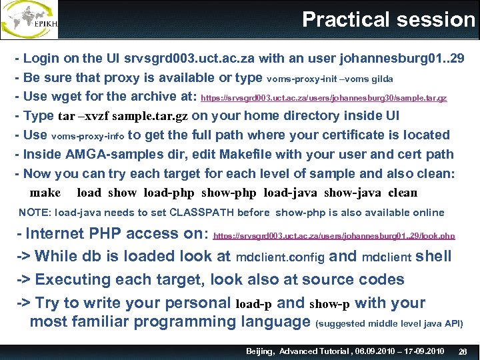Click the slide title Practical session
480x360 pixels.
(388, 19)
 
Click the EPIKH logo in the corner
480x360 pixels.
(30, 19)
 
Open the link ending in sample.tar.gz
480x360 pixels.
(323, 98)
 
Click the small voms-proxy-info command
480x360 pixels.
(87, 136)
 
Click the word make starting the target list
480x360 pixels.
(45, 193)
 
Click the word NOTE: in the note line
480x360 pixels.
(35, 213)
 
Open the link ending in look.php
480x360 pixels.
(334, 236)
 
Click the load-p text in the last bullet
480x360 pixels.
(254, 304)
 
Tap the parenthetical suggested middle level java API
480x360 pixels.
(389, 323)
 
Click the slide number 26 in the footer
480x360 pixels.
(463, 351)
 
